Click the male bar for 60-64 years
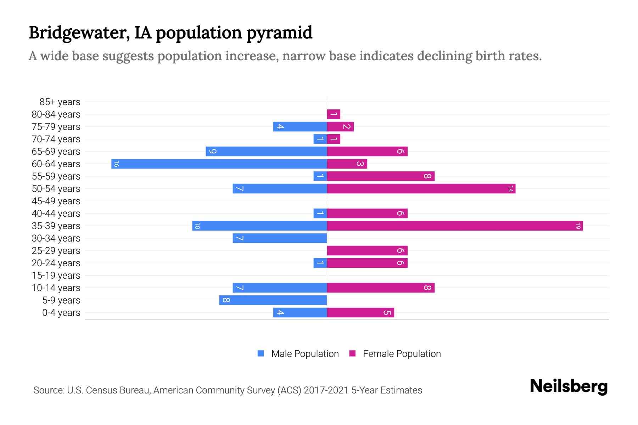pos(219,164)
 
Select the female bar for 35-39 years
pos(455,226)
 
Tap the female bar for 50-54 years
pos(421,188)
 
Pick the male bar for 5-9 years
pos(273,300)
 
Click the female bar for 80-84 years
pos(334,114)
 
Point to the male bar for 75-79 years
pos(300,126)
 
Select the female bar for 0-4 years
pos(360,312)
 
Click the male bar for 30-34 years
pos(280,238)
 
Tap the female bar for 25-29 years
pos(367,250)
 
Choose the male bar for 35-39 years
pos(259,226)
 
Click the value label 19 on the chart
pos(578,226)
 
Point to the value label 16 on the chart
pos(116,164)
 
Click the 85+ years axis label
pos(60,102)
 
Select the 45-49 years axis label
pos(56,201)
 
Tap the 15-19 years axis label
pos(56,276)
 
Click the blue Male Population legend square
pos(261,353)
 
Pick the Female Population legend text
pos(402,353)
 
